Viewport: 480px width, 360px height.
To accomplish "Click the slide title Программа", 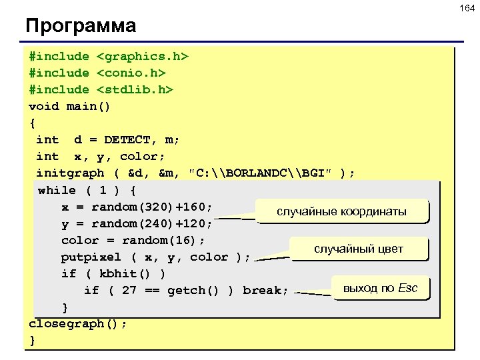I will (81, 26).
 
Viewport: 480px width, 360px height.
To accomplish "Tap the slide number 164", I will (465, 7).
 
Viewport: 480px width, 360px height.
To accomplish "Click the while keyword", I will (57, 190).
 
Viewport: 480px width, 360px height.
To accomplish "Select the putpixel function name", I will (91, 257).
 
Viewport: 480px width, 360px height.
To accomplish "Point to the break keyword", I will (265, 290).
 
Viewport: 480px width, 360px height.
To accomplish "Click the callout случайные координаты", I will (341, 211).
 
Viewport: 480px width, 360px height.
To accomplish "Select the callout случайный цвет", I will (359, 249).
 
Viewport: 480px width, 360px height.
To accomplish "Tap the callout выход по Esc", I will (380, 288).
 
